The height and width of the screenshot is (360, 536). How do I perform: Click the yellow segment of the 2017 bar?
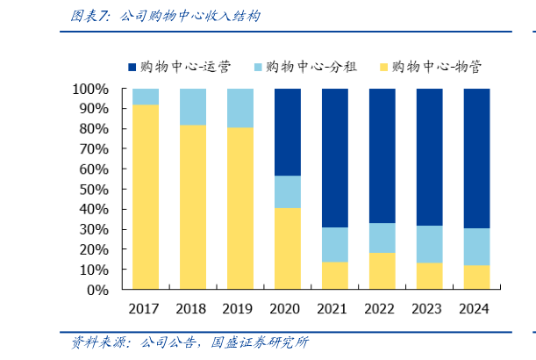tap(146, 197)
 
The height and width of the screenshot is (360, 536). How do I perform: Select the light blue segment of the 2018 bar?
tap(193, 106)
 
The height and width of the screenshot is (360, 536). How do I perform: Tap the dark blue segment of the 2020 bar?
tap(287, 132)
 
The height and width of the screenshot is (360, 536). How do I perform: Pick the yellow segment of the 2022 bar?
tap(382, 270)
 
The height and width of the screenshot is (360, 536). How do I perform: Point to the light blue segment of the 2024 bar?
tap(476, 247)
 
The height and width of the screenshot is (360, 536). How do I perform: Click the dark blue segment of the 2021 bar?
tap(334, 158)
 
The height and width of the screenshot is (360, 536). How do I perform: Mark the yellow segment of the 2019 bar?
tap(240, 208)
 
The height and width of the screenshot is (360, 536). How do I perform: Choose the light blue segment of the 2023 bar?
tap(429, 244)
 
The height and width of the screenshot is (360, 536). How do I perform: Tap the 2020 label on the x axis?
tap(287, 308)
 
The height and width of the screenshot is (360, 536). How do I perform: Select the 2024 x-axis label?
tap(476, 308)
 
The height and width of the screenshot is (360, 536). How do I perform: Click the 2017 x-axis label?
tap(146, 308)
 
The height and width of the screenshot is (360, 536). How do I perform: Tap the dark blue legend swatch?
tap(132, 67)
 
